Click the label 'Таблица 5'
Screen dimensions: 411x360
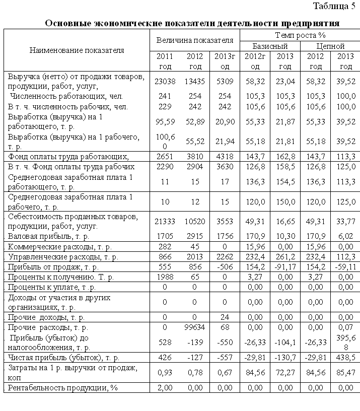pos(334,6)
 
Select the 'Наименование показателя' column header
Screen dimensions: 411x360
pos(77,50)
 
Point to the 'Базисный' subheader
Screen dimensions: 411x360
pos(270,46)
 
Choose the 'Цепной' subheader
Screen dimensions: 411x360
pos(330,46)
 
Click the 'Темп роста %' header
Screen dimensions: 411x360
pos(300,35)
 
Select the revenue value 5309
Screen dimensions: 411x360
pos(225,81)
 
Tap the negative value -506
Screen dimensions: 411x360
pos(225,266)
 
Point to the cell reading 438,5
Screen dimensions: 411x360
pos(345,358)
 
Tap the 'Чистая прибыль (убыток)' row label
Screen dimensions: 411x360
pos(63,358)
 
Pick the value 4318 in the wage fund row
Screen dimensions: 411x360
pos(225,156)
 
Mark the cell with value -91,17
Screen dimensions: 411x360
pos(285,266)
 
